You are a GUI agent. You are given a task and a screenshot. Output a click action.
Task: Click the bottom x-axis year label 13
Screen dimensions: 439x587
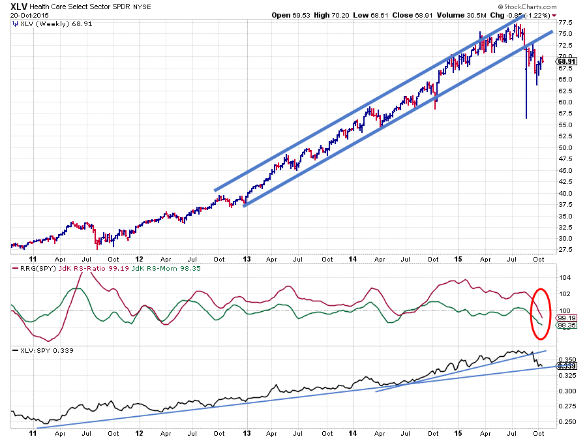click(247, 433)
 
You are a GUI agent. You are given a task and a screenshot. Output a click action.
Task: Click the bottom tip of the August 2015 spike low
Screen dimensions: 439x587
click(526, 118)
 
